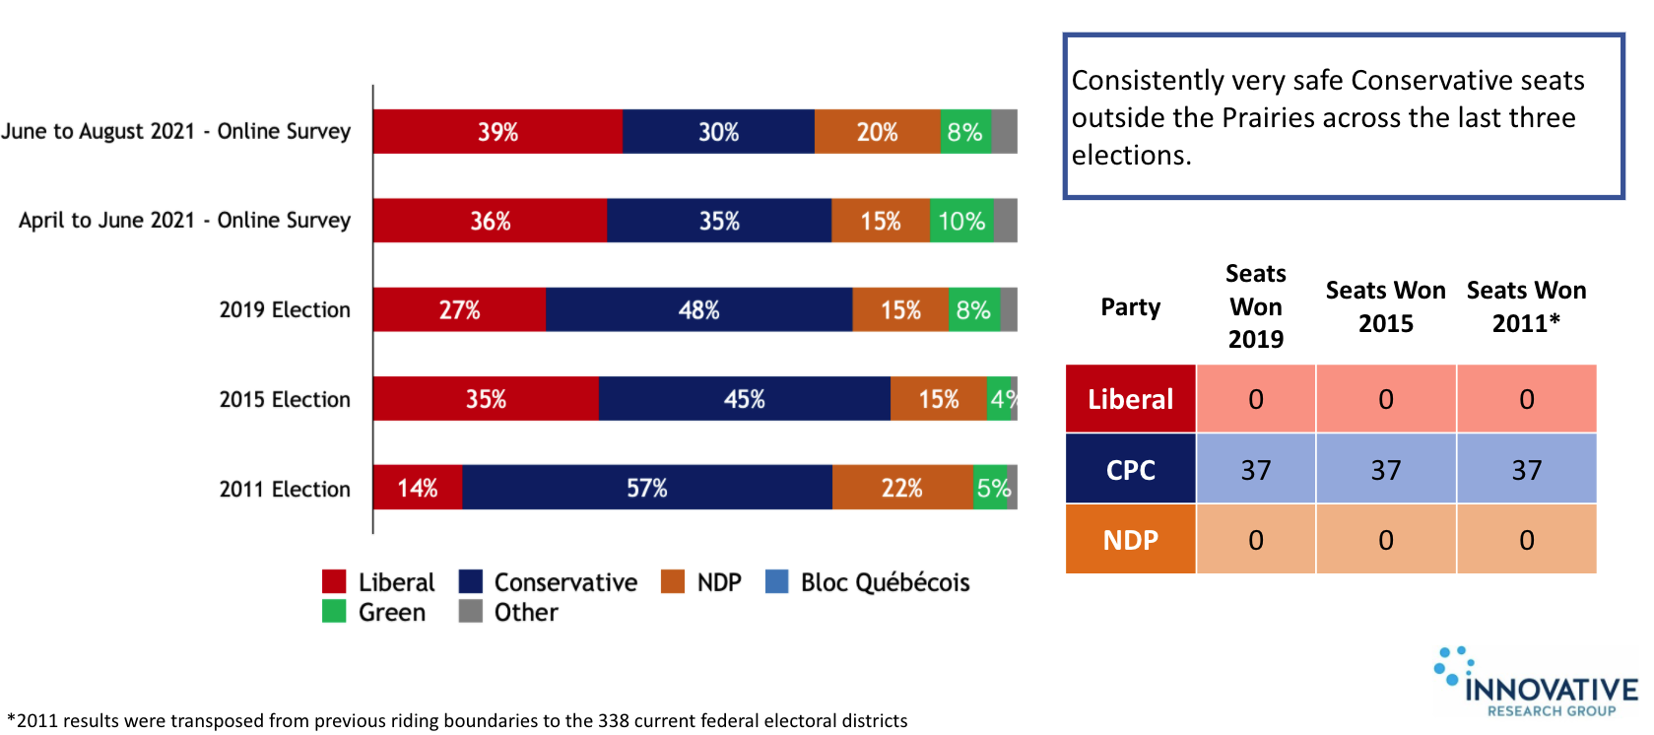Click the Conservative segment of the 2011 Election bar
pyautogui.click(x=647, y=488)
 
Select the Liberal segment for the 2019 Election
pyautogui.click(x=459, y=309)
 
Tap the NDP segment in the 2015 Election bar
pyautogui.click(x=938, y=399)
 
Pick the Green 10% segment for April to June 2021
pyautogui.click(x=961, y=221)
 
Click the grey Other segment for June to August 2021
pyautogui.click(x=1005, y=132)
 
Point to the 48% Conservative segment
pyautogui.click(x=698, y=309)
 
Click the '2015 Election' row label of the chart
pyautogui.click(x=285, y=399)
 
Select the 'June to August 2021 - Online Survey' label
pyautogui.click(x=176, y=131)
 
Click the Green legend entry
pyautogui.click(x=375, y=612)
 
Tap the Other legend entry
pyautogui.click(x=509, y=612)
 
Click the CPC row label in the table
pyautogui.click(x=1131, y=470)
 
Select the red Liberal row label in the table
pyautogui.click(x=1131, y=399)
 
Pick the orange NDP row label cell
pyautogui.click(x=1131, y=540)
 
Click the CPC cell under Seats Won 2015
pyautogui.click(x=1386, y=470)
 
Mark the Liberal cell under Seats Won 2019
pyautogui.click(x=1256, y=399)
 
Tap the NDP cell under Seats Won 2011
pyautogui.click(x=1527, y=540)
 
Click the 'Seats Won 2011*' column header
pyautogui.click(x=1527, y=306)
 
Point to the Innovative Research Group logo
pyautogui.click(x=1538, y=682)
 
